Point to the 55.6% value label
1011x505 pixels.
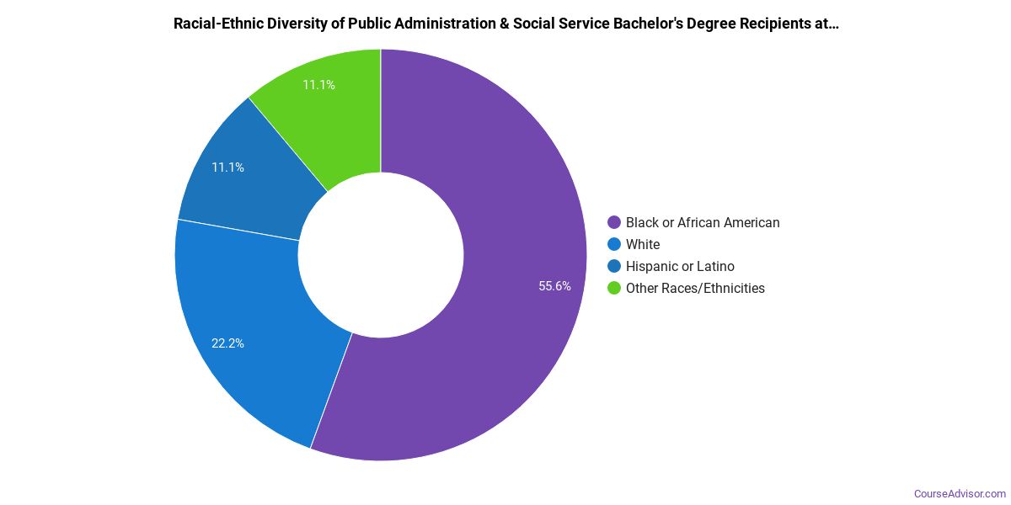(554, 286)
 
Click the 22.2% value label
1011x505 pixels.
(227, 343)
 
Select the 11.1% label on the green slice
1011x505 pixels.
(318, 85)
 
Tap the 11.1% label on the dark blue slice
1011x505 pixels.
(227, 167)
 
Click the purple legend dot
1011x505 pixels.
(614, 223)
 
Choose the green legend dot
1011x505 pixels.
(614, 289)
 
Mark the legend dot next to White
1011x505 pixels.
(614, 245)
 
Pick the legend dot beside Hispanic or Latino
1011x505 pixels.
(614, 267)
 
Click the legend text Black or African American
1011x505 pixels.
(703, 223)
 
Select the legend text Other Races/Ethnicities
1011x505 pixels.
(695, 289)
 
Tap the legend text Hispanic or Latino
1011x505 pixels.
(680, 267)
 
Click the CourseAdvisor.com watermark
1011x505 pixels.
(960, 494)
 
